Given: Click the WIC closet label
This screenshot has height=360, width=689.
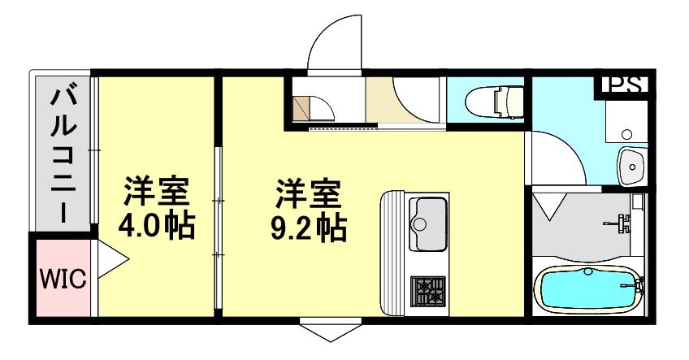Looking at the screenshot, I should pos(63,280).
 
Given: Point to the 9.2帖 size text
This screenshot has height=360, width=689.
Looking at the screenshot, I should pos(308,228).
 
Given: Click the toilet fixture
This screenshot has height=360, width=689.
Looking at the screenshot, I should pos(496,102).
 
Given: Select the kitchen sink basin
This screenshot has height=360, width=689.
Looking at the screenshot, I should pos(427,218).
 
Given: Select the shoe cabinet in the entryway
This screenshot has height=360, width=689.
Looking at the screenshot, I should pos(302,107).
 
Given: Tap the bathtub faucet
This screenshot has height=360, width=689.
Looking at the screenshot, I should pos(634,285).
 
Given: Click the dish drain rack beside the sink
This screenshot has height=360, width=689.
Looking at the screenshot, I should pos(393,252).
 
